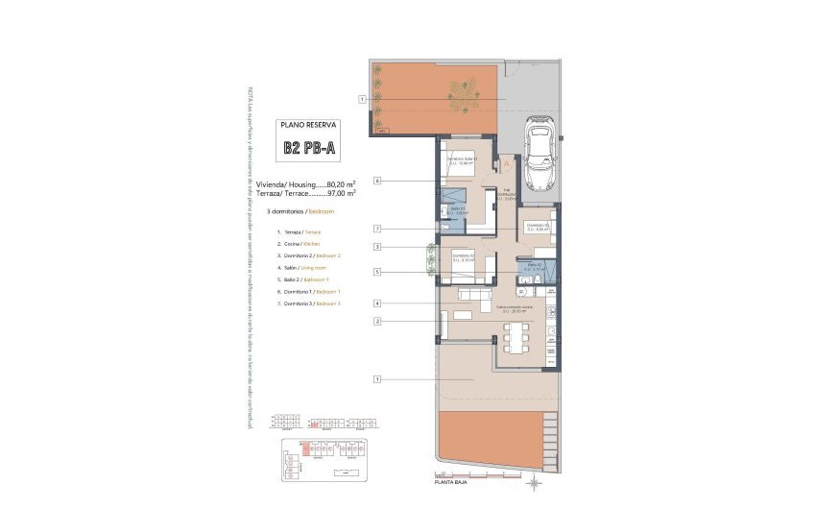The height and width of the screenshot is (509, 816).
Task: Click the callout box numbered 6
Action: pyautogui.click(x=378, y=181)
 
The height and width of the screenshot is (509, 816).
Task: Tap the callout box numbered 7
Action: pyautogui.click(x=378, y=229)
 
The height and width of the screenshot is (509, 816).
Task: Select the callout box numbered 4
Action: pyautogui.click(x=378, y=303)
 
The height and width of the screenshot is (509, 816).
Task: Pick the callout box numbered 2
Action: pyautogui.click(x=378, y=320)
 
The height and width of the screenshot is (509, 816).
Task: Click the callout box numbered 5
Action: pyautogui.click(x=378, y=272)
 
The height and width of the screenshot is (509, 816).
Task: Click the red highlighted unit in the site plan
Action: pyautogui.click(x=307, y=448)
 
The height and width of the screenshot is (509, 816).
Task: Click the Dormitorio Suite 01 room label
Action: pyautogui.click(x=466, y=160)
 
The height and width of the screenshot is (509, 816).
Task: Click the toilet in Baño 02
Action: pyautogui.click(x=525, y=280)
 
